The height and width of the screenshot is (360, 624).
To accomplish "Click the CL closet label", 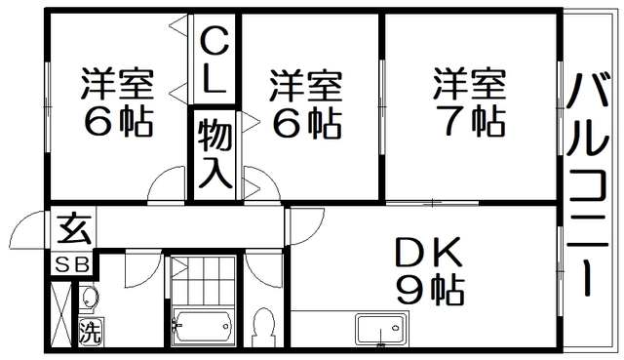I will coord(214,60).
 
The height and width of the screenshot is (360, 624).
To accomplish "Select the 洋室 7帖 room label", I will coord(469,101).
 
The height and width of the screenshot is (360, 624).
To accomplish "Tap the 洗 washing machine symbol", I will coord(89,331).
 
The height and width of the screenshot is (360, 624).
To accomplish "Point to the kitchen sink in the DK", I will coord(378,329).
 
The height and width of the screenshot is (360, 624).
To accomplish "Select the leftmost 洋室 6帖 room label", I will coord(116,101).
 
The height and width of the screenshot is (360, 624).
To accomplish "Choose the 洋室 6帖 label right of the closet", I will coord(306,101).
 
